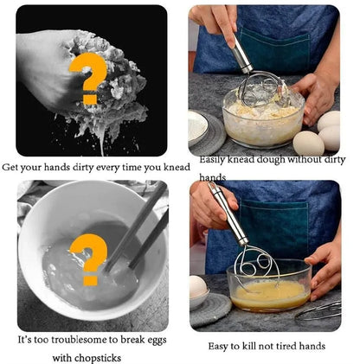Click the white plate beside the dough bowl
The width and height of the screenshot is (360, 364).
tap(204, 128)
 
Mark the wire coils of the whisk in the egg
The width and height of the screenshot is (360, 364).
tap(260, 272)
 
